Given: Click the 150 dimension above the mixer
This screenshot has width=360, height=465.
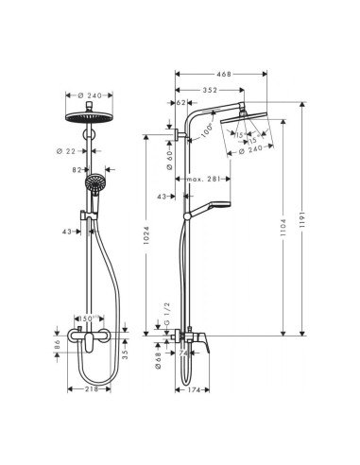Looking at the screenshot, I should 88,319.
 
